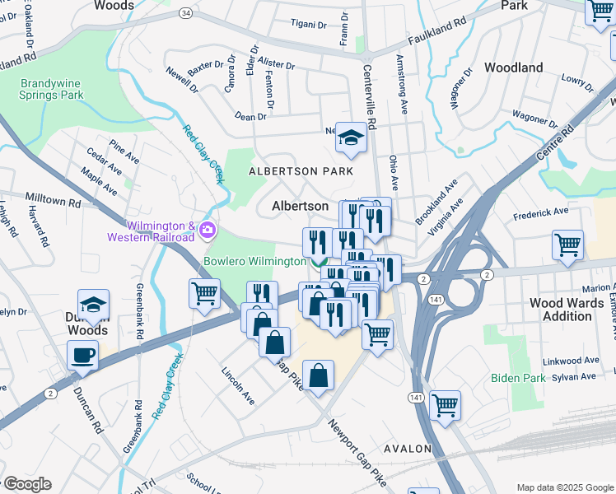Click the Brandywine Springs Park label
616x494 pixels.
52,89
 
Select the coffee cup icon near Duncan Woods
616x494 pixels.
82,355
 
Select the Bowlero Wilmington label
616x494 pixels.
254,262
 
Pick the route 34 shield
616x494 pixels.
187,13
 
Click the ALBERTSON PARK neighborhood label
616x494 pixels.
301,171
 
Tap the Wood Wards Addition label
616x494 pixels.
567,310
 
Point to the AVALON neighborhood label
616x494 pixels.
408,449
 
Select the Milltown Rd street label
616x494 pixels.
53,201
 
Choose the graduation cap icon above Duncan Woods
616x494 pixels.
93,304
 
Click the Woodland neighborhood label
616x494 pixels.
514,67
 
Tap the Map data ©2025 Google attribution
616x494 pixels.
563,487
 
